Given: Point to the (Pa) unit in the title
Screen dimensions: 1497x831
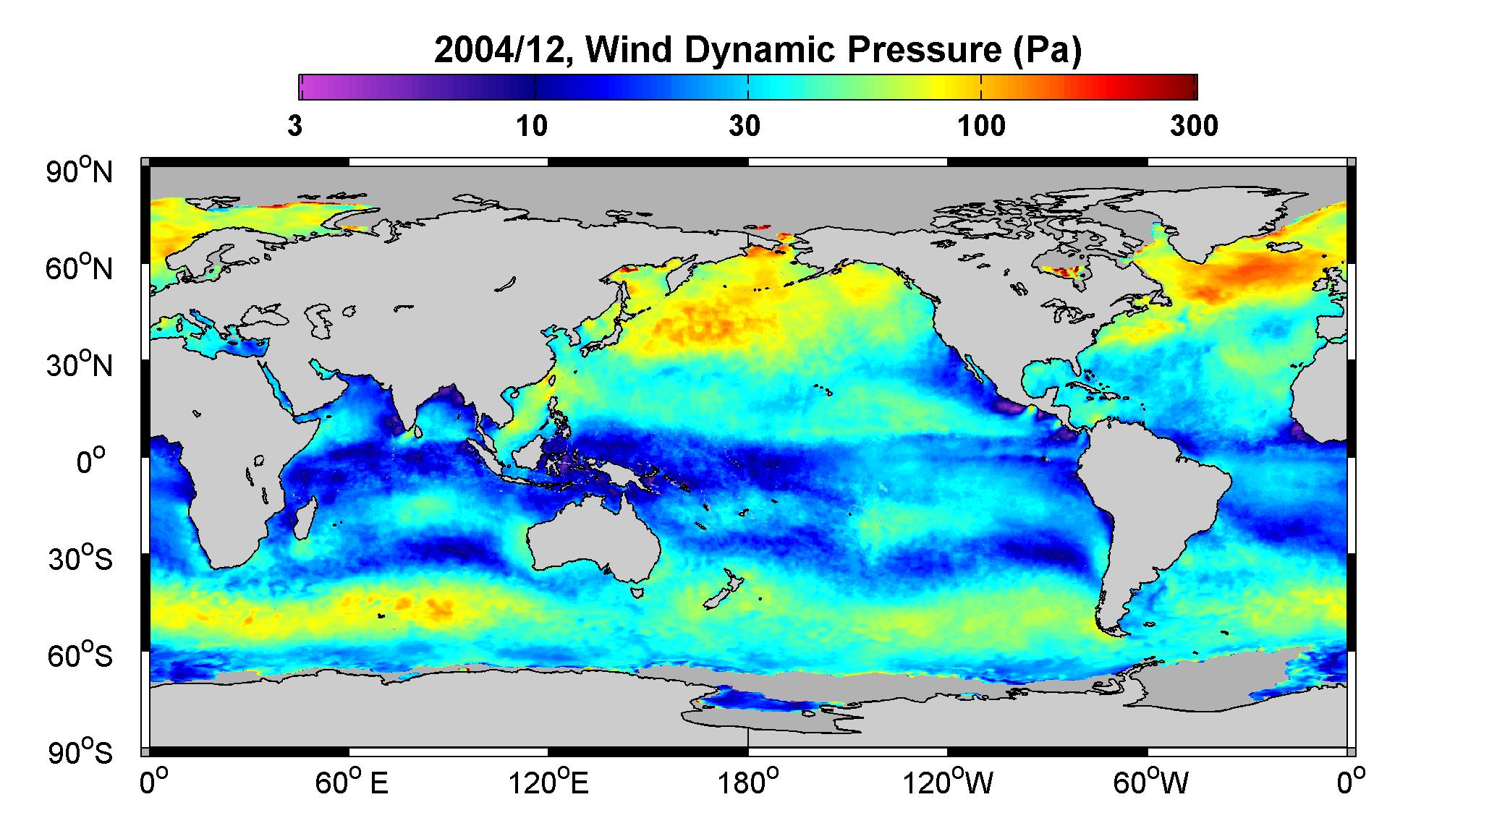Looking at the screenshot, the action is pos(1047,51).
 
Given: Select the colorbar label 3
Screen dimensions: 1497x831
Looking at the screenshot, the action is pos(294,127).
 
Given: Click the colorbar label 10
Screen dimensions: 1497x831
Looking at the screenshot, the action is pos(533,127).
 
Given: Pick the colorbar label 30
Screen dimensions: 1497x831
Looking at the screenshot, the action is pos(745,127).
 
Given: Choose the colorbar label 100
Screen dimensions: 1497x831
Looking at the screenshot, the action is pos(981,127).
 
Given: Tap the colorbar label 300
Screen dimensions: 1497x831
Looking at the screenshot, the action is pos(1194,127).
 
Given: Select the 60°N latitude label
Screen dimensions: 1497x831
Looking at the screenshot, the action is pos(80,268).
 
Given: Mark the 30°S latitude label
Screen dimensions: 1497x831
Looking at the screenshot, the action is pos(80,559).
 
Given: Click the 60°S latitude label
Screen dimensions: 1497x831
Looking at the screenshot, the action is pos(80,656).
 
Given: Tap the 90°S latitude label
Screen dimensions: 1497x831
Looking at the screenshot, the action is pos(80,752).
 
